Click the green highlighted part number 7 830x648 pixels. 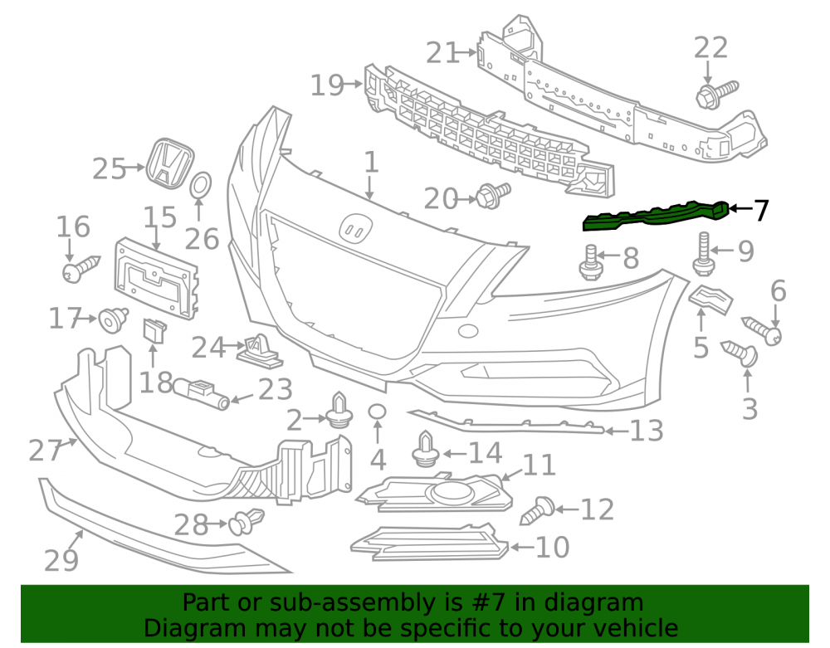point(656,217)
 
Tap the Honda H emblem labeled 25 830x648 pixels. point(170,163)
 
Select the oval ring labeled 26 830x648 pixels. point(201,185)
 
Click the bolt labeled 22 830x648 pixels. point(715,94)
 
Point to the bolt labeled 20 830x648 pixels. point(493,195)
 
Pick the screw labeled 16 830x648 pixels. point(81,269)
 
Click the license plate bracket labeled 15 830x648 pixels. point(156,278)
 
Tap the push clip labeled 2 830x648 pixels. point(340,410)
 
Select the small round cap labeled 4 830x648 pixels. point(377,412)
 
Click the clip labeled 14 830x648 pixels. point(426,451)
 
